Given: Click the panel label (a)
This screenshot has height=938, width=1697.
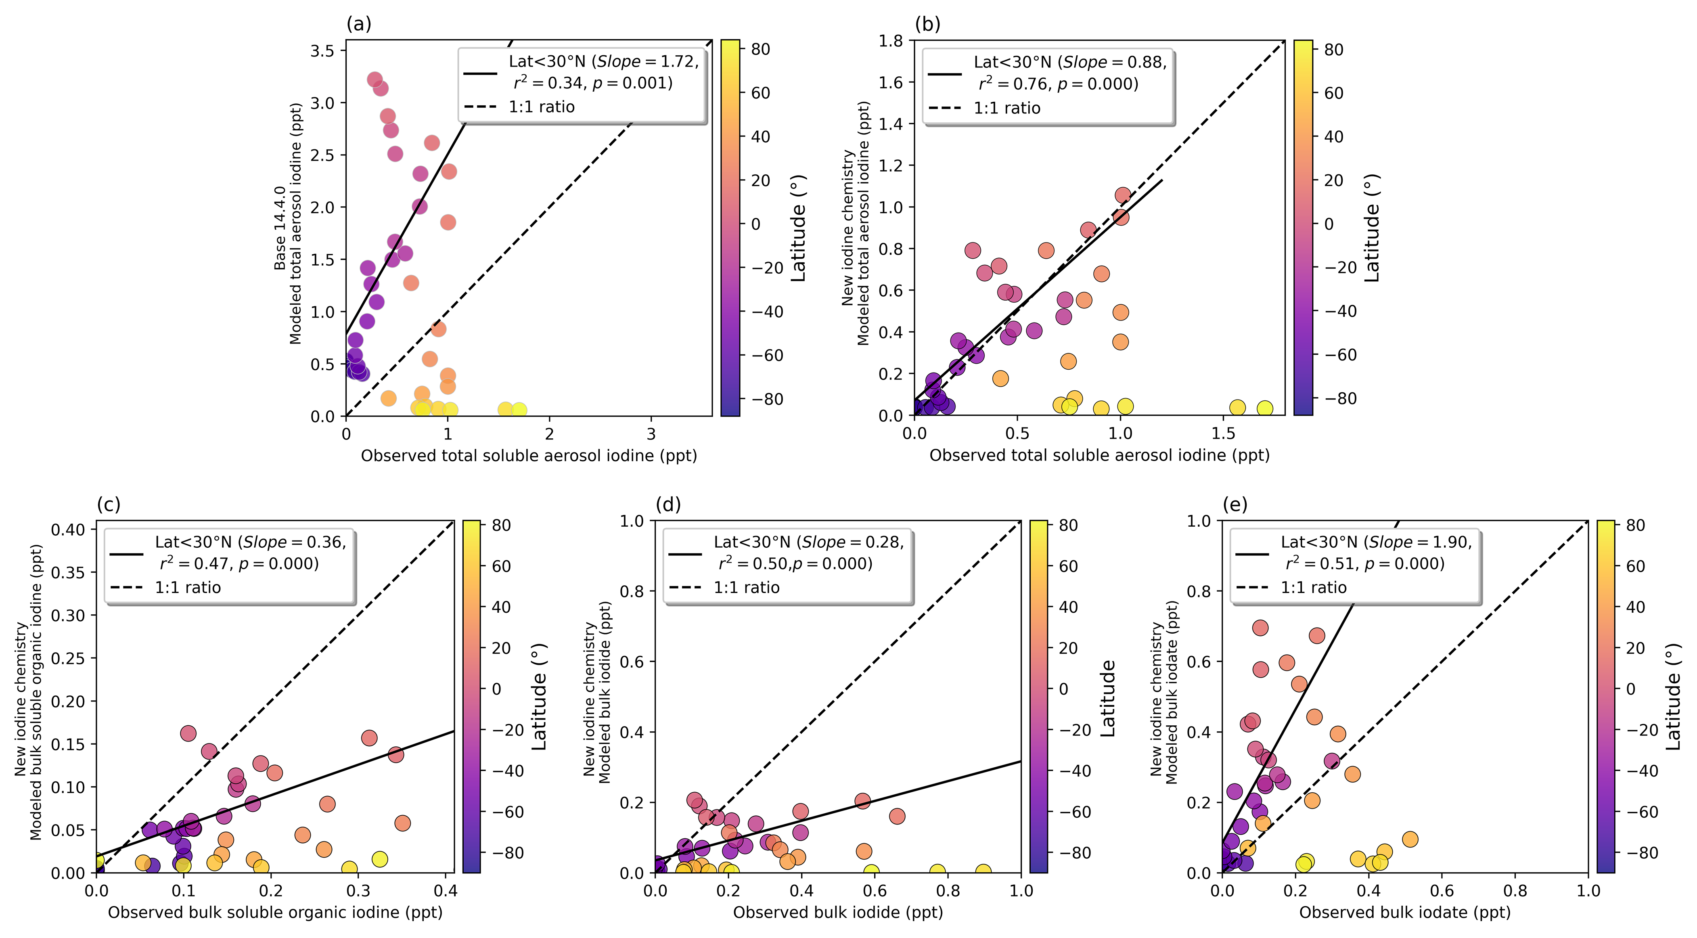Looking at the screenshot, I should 359,24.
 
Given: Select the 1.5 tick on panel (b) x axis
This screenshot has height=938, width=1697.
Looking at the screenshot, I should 1223,433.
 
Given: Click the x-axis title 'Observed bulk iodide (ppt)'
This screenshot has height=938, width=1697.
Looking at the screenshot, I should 838,912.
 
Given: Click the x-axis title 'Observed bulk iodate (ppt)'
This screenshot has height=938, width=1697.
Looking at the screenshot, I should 1404,912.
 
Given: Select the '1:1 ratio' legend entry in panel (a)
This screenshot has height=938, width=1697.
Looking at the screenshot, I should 541,107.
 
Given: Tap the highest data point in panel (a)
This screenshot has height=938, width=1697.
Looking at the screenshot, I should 374,80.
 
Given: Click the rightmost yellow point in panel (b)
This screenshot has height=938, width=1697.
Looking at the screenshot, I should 1264,408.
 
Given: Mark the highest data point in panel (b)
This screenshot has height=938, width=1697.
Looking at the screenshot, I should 1123,195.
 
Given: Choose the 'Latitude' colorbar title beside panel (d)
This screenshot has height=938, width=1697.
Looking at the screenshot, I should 1108,698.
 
